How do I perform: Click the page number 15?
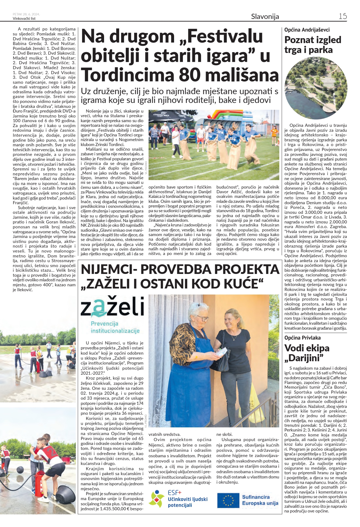[x=342, y=16]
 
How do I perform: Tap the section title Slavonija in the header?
[x=265, y=17]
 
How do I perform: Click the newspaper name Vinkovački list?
[x=24, y=19]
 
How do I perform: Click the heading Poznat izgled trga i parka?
[x=312, y=45]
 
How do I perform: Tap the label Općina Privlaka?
[x=302, y=338]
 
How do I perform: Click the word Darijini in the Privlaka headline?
[x=305, y=358]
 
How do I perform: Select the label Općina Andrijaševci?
[x=307, y=30]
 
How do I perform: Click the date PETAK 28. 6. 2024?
[x=26, y=14]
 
